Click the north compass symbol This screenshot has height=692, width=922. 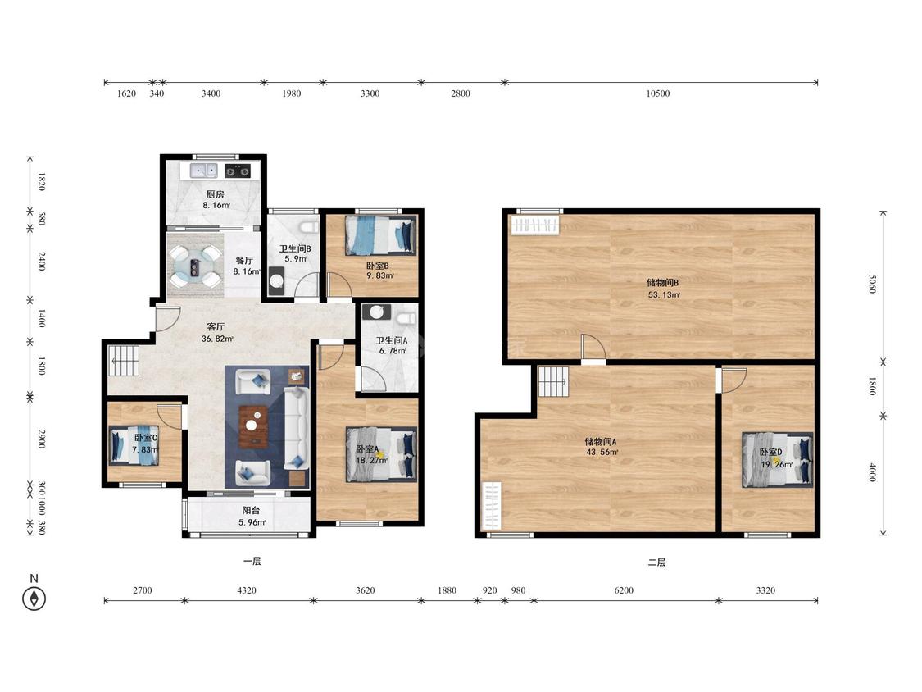click(34, 599)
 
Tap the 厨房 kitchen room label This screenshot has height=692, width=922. click(216, 194)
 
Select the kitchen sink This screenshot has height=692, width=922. click(204, 171)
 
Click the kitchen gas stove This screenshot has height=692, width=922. click(238, 171)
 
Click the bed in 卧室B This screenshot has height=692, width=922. click(379, 235)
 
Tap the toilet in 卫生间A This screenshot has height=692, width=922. click(405, 318)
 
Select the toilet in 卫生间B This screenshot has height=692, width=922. click(308, 228)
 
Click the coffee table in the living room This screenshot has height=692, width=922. click(253, 426)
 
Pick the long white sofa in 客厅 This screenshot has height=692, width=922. click(297, 427)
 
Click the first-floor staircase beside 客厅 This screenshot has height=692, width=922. click(124, 360)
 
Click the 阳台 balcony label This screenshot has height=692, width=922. click(251, 510)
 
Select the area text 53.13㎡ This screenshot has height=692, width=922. click(664, 295)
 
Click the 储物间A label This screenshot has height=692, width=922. click(601, 441)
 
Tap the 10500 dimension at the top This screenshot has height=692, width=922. click(658, 93)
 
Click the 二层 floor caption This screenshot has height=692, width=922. click(656, 562)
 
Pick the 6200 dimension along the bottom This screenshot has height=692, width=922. click(624, 590)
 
